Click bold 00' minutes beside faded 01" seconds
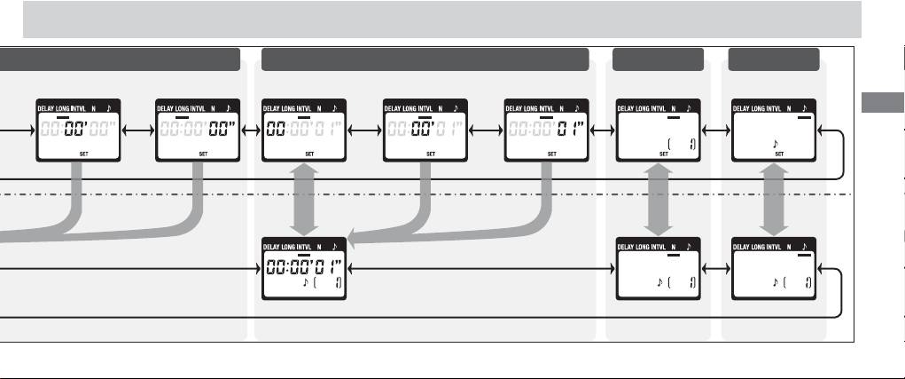pos(422,130)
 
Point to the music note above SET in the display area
pos(776,142)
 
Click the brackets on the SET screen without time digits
pos(680,142)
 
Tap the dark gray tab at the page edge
pos(881,103)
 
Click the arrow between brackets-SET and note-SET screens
pos(714,130)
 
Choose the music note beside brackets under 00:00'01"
pos(306,283)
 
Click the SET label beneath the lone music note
pos(779,153)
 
